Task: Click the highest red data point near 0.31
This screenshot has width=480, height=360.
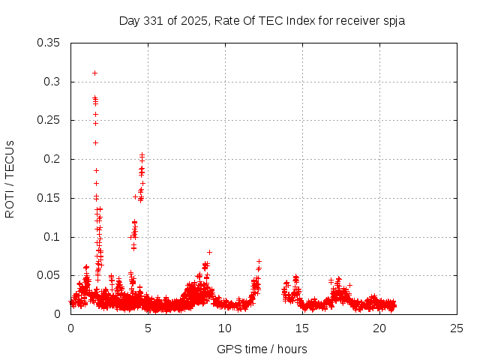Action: point(94,73)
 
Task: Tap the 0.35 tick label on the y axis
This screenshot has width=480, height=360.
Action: point(49,43)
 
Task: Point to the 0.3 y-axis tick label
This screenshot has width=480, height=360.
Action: point(52,82)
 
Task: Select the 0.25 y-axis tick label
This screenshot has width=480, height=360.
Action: point(49,120)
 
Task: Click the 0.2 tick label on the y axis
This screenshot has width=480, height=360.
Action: point(52,159)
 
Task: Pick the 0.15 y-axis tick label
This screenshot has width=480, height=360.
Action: point(49,198)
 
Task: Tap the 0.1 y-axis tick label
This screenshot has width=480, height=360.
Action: point(52,237)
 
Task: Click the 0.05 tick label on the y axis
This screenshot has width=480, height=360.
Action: point(49,275)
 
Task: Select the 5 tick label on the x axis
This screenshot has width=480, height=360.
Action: point(148,328)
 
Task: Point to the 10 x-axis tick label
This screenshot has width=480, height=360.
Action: point(226,328)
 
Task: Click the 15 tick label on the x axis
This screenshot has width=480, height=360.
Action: point(303,328)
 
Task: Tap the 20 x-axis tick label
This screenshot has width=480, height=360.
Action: point(380,328)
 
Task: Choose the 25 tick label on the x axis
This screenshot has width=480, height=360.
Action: point(457,328)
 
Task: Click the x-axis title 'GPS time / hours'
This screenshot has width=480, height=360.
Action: point(262,349)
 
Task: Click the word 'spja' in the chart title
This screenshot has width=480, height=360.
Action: point(394,20)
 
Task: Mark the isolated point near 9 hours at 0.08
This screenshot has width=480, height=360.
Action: point(209,252)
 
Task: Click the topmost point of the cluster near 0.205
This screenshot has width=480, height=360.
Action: point(142,155)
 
